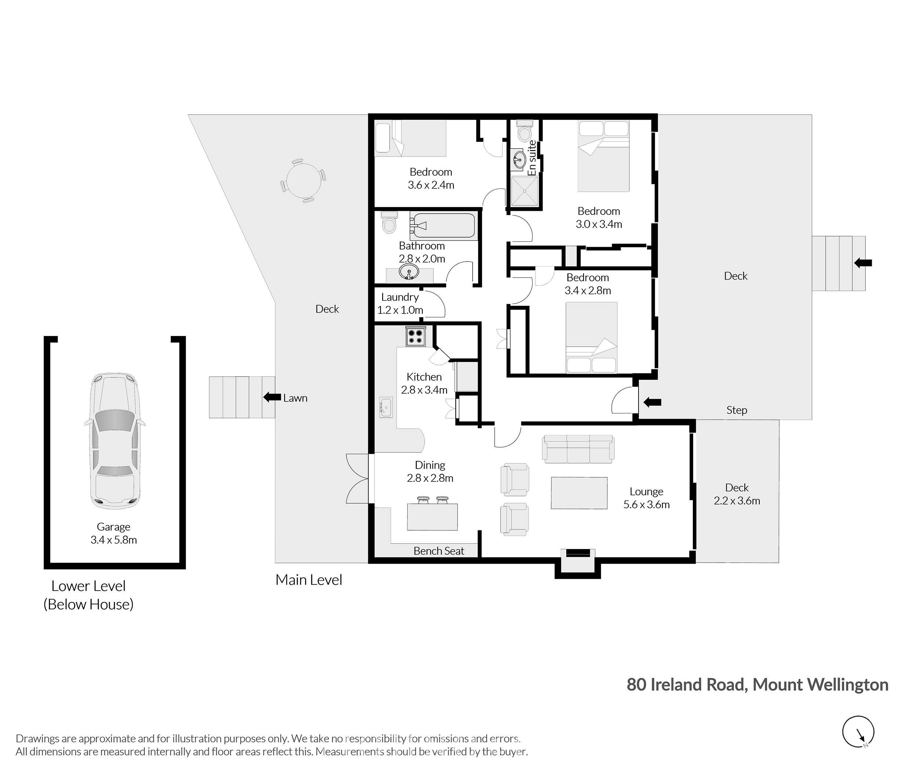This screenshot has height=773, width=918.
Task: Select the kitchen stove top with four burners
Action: point(415,336)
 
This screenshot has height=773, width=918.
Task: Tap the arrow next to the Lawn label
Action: point(272,397)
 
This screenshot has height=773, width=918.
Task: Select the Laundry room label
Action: point(400,297)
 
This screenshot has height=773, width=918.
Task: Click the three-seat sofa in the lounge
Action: point(578,449)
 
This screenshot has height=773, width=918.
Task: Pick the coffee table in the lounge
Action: point(579,493)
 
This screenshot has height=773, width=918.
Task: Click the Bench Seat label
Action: point(439,551)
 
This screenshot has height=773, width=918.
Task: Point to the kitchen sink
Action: point(386,408)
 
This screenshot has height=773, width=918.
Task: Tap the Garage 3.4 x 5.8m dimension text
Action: point(114,540)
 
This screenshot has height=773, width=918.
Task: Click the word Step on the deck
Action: point(737,410)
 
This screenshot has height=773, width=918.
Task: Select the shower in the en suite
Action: point(524,191)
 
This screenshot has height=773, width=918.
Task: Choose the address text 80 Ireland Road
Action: point(686,684)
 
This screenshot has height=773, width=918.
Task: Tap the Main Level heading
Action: point(308,580)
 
